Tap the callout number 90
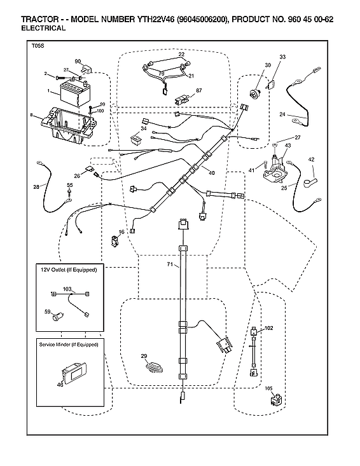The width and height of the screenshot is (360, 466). (78, 60)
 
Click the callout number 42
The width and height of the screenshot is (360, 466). (311, 159)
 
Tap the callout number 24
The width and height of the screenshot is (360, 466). (281, 114)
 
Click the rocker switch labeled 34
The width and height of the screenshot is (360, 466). (136, 138)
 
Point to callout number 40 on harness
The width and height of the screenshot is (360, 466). (212, 172)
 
